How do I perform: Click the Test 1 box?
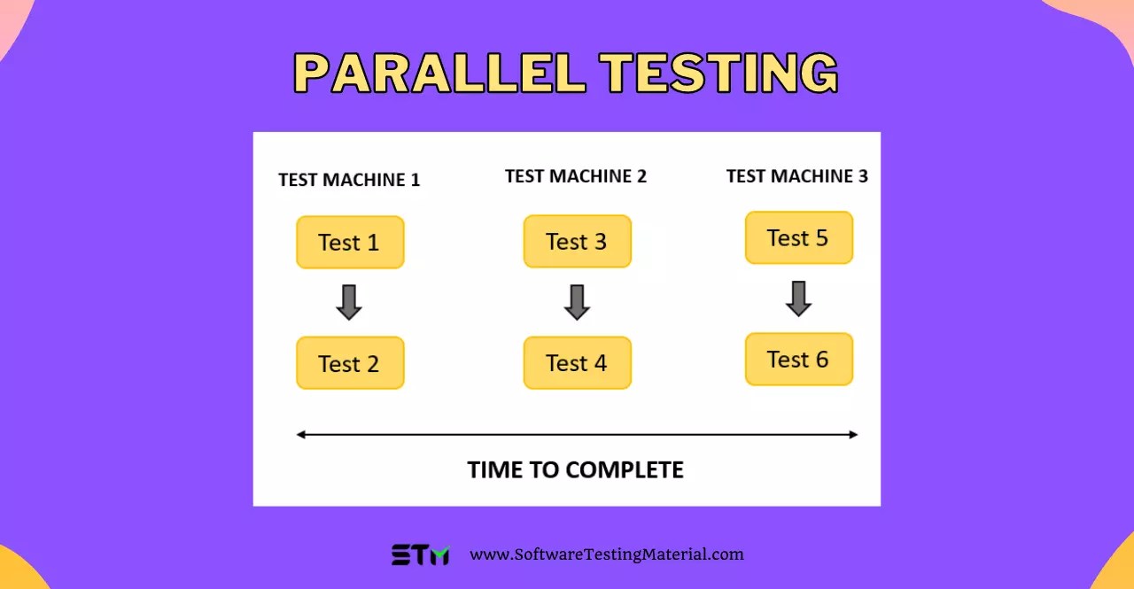(x=350, y=243)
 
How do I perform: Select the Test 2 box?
(x=350, y=363)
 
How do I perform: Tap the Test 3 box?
(x=577, y=241)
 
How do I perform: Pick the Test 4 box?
(x=577, y=362)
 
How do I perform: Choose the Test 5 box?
(x=798, y=237)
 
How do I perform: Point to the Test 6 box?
(x=798, y=359)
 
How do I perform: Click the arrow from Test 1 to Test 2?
(x=349, y=302)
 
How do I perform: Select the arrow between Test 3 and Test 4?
(x=577, y=302)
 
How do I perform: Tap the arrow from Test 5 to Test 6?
(x=798, y=298)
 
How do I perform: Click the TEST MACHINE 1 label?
(x=349, y=180)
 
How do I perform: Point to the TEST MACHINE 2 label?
(x=576, y=176)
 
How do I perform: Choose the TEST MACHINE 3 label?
(x=797, y=176)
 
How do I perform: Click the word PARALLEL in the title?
(x=439, y=73)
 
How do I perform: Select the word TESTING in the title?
(x=718, y=73)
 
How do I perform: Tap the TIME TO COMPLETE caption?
(x=576, y=469)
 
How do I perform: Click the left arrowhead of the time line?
(x=301, y=435)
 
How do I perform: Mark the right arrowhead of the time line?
(x=853, y=435)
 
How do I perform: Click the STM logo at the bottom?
(x=421, y=555)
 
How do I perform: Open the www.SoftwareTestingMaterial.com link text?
(x=607, y=555)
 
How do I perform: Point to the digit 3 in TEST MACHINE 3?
(x=863, y=176)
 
